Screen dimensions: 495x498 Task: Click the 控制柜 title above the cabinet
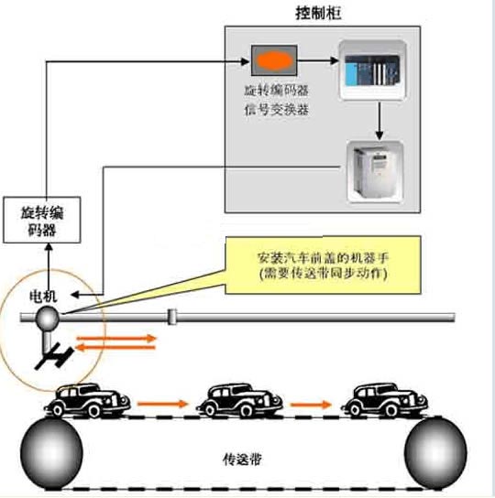[318, 14]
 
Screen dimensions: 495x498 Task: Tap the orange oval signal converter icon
[274, 60]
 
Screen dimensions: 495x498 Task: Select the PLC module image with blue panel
[372, 70]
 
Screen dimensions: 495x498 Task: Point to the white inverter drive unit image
[375, 172]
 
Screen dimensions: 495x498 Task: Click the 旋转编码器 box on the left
[41, 220]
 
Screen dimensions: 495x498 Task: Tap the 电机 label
[43, 296]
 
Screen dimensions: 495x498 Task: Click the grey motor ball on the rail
[48, 318]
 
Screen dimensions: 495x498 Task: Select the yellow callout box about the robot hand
[323, 265]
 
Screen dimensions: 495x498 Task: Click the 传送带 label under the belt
[242, 460]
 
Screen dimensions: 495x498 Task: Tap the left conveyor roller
[51, 452]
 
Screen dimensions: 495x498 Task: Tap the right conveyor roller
[435, 452]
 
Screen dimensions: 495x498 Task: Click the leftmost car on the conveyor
[87, 400]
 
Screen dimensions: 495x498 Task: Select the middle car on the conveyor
[239, 400]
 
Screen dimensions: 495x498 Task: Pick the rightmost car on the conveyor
[384, 400]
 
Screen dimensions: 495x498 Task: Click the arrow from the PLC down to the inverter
[379, 120]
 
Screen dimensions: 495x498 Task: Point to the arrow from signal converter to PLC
[318, 60]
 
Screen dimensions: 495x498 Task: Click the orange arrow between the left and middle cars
[163, 404]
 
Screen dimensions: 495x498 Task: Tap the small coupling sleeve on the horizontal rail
[172, 317]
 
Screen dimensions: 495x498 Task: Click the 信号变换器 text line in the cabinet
[276, 110]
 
